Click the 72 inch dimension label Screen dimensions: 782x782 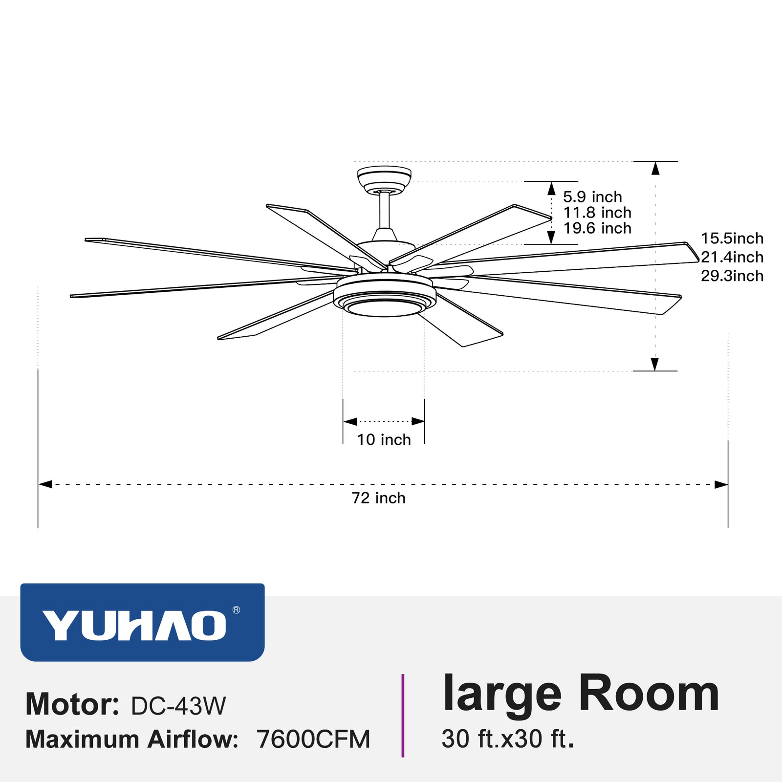(x=379, y=498)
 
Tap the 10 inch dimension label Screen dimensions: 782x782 (x=384, y=440)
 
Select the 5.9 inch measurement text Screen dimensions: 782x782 (x=592, y=197)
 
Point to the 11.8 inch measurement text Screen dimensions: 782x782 (x=597, y=213)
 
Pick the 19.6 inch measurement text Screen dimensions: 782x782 (x=597, y=228)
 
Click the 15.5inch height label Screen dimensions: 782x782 (x=732, y=239)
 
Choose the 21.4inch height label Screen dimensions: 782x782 (x=732, y=257)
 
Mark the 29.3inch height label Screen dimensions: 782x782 (x=732, y=276)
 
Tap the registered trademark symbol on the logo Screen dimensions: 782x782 (x=236, y=610)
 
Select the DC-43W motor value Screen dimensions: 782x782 (x=178, y=706)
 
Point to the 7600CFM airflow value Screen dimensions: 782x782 (x=313, y=739)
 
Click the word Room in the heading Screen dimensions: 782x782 (x=649, y=694)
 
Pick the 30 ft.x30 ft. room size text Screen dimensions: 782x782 (x=508, y=739)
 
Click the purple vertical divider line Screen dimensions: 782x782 (x=403, y=716)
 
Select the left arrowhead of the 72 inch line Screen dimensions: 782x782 (x=45, y=484)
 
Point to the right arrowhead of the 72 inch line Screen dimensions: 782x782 (x=721, y=484)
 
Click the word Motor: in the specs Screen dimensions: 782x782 (x=72, y=705)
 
